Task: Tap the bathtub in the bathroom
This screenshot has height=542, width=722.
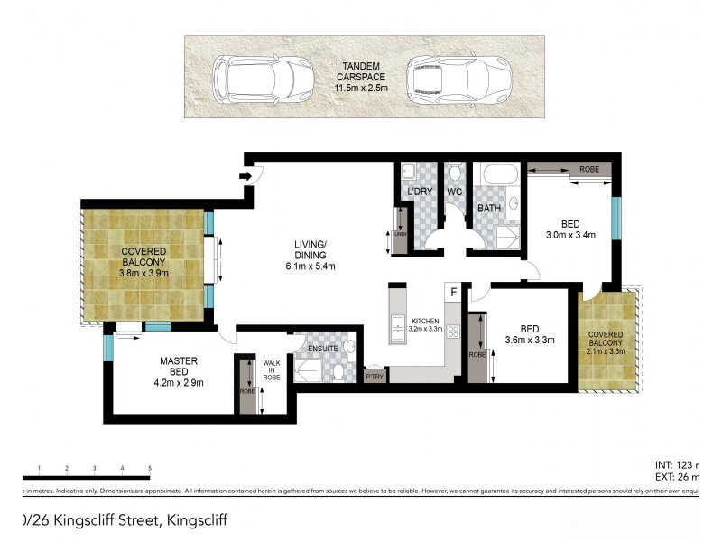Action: tap(497, 175)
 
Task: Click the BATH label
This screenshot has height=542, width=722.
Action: tap(489, 209)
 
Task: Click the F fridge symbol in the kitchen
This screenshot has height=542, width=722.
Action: tap(454, 291)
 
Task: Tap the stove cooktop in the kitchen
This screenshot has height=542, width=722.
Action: tap(454, 332)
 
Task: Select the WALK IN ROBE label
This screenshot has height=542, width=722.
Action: tap(271, 370)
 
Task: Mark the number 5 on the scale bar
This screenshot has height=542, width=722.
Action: tap(149, 468)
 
